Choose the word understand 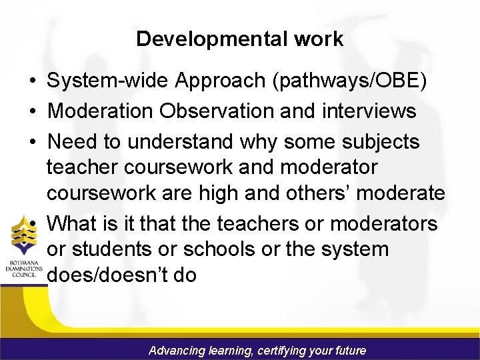[183, 141]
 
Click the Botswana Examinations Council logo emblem [24, 239]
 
